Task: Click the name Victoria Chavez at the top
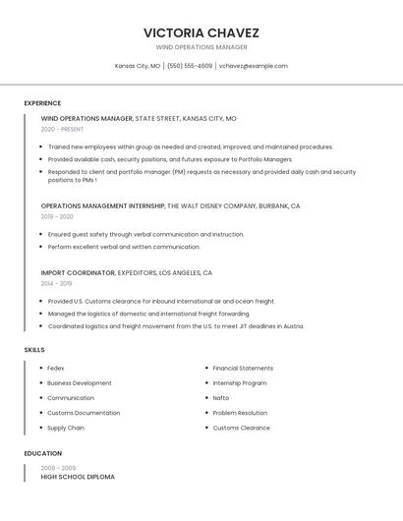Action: tap(201, 32)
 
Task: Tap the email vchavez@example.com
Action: tap(253, 66)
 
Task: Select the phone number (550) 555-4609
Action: tap(190, 66)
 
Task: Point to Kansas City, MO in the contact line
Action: tap(138, 66)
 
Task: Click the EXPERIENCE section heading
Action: tap(42, 103)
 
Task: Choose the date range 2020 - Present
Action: tap(62, 129)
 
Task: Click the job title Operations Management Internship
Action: tap(102, 206)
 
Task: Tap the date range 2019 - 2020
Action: tap(57, 216)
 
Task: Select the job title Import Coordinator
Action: tap(78, 272)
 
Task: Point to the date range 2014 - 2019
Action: tap(57, 283)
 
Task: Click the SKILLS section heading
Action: tap(34, 350)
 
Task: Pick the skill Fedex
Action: tap(55, 368)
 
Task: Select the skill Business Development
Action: tap(79, 382)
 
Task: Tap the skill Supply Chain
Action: tap(65, 428)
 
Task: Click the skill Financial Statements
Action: tap(243, 368)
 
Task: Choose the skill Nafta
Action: tap(220, 398)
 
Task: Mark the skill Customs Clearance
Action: tap(241, 428)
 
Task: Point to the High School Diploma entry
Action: tap(78, 477)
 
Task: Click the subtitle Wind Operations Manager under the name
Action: tap(201, 47)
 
